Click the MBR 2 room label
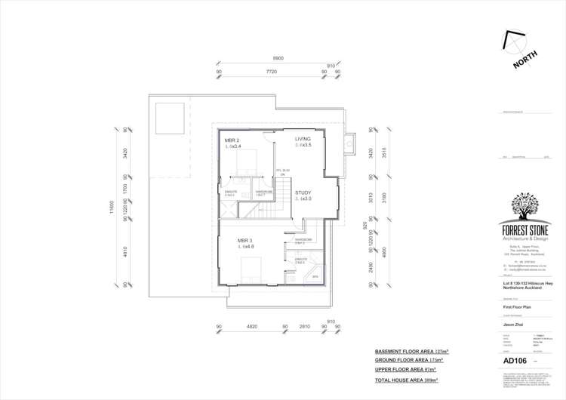point(232,140)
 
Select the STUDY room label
point(303,192)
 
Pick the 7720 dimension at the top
point(271,71)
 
